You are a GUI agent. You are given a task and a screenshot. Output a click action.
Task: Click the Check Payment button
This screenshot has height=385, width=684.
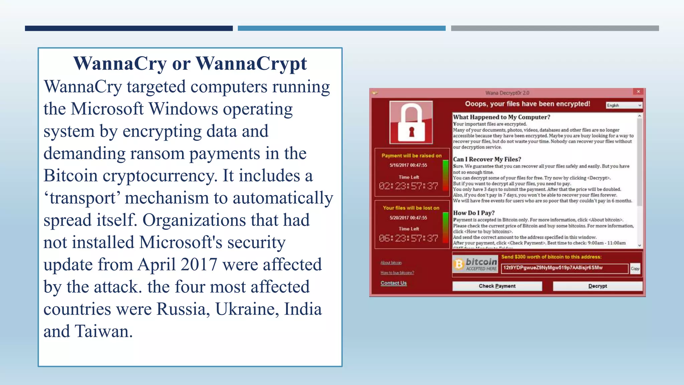coord(497,286)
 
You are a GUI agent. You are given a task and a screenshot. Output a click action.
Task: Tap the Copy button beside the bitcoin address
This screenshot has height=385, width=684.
coord(635,268)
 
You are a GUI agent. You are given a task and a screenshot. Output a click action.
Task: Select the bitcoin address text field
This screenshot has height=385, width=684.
coord(564,268)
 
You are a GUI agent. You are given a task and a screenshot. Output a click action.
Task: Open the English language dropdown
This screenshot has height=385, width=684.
coord(624,105)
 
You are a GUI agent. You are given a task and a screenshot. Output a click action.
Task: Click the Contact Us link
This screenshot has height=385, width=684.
coord(393,283)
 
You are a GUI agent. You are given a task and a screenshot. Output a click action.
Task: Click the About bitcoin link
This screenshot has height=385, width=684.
coord(391,263)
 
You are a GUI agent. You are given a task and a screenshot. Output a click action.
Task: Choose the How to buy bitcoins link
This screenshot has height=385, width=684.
coord(397,273)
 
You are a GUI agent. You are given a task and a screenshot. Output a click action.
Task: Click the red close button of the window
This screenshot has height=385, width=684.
coord(638,92)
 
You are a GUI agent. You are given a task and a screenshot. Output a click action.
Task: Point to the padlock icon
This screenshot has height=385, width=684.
coord(411,122)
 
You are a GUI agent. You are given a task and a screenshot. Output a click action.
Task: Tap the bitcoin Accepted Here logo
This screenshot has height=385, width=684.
coord(475,264)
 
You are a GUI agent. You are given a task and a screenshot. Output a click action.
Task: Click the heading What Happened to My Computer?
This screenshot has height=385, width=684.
coord(501,117)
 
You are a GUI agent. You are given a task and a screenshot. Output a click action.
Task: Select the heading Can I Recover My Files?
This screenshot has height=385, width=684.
coord(487,159)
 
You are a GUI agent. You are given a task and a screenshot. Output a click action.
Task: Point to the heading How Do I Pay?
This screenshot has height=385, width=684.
coord(474,213)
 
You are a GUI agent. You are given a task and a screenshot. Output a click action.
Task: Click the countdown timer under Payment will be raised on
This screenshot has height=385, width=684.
coord(408,186)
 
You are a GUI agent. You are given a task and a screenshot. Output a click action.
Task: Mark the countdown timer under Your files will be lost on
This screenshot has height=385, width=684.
coord(408,238)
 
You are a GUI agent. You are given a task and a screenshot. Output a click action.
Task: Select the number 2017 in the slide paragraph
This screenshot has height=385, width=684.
coord(199,265)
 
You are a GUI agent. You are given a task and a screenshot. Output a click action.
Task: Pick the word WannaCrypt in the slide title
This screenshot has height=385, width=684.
coord(251,63)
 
